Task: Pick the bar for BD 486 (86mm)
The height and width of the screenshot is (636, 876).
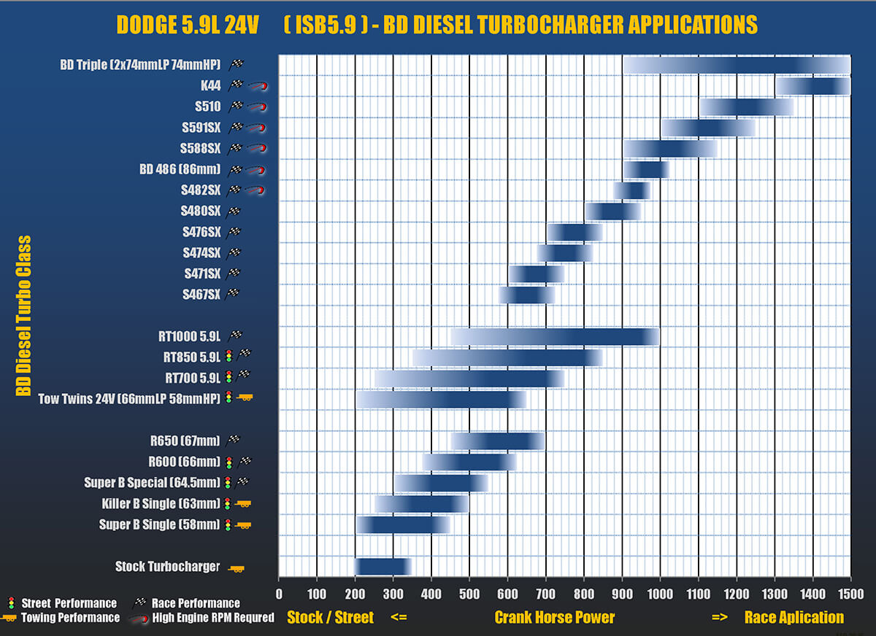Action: tap(646, 170)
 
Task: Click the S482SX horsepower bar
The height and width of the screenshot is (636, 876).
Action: tap(631, 190)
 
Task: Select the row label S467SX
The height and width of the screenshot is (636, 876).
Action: tap(201, 294)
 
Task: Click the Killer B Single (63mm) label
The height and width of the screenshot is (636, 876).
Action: tap(161, 504)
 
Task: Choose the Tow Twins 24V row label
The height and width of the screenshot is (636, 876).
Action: tap(131, 399)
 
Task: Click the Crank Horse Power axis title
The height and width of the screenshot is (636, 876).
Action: tap(554, 618)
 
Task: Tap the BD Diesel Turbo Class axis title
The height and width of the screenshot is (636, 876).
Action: tap(24, 315)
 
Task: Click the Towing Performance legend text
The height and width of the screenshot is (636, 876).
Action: tap(71, 618)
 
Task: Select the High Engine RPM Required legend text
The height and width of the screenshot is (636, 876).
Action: tap(213, 618)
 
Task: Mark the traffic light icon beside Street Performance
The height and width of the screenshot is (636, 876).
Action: tap(10, 603)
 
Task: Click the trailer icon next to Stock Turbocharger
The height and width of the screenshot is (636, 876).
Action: tap(237, 568)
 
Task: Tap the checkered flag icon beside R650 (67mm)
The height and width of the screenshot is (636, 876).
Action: tap(235, 441)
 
